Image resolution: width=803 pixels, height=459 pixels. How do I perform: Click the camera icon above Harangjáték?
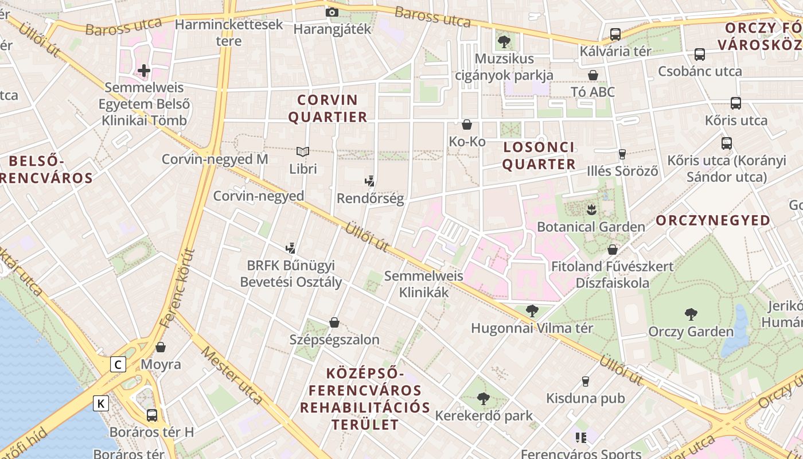[x=332, y=12]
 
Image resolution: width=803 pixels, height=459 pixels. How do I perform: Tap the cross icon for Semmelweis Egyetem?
[x=144, y=71]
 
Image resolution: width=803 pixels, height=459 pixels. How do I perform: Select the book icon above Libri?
[x=303, y=151]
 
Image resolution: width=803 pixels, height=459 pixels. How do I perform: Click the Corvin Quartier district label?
[x=328, y=108]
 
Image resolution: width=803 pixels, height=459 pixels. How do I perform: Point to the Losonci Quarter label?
[x=539, y=155]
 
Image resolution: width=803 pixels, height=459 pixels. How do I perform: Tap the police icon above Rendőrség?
[x=370, y=181]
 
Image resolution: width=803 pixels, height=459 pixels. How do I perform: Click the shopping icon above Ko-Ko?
[x=467, y=125]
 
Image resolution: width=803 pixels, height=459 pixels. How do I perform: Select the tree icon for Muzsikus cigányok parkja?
[x=504, y=41]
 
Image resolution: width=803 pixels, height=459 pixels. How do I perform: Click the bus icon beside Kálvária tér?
[x=615, y=34]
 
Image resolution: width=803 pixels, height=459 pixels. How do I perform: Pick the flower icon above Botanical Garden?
[x=591, y=209]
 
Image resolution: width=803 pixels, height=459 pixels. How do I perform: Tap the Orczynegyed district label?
[x=713, y=220]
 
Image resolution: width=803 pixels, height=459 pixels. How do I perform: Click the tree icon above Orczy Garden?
[x=691, y=314]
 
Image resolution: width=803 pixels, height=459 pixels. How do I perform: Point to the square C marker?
[x=118, y=364]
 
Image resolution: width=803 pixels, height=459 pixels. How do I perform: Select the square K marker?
[x=101, y=403]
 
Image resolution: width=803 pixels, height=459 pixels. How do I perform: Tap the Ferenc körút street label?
[x=177, y=288]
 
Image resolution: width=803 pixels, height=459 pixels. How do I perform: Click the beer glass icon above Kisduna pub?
[x=586, y=381]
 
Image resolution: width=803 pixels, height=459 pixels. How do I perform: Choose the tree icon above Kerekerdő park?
[x=484, y=398]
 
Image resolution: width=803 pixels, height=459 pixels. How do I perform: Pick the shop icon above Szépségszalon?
[x=334, y=322]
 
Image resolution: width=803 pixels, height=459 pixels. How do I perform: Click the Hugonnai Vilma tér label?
[x=532, y=328]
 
